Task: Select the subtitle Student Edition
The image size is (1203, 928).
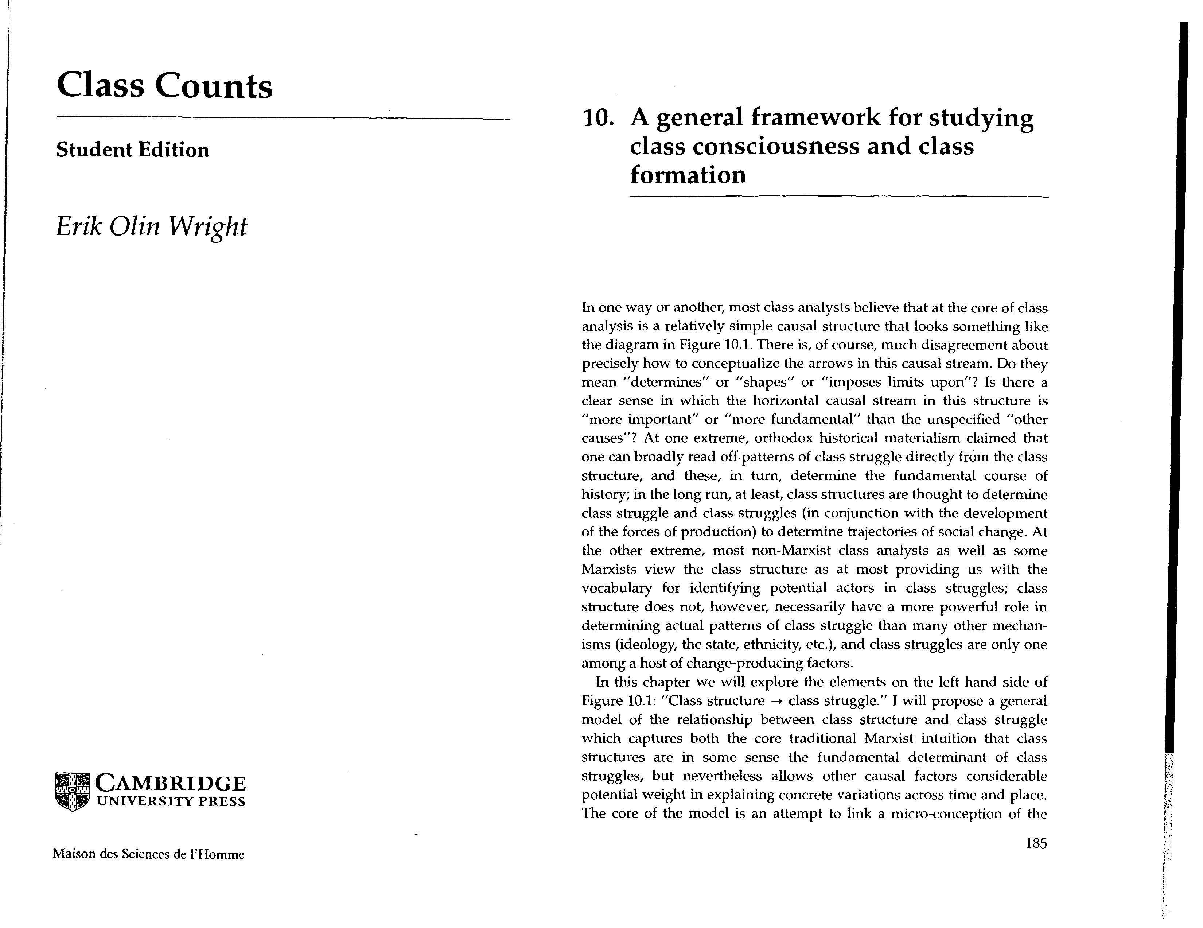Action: tap(132, 150)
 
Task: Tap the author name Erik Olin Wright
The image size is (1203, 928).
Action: tap(151, 226)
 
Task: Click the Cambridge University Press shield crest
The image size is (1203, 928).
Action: tap(72, 791)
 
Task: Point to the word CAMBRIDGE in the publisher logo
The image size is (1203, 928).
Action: tap(171, 783)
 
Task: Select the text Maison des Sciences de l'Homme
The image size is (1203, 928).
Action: tap(148, 854)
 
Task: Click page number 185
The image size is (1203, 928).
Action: tap(1036, 843)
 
